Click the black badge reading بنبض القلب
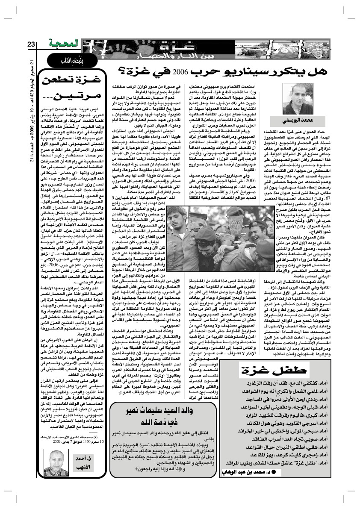(x=65, y=60)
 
